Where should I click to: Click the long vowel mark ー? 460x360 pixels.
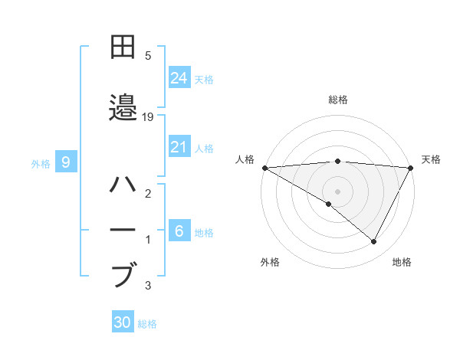[124, 230]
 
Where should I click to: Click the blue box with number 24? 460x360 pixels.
[179, 78]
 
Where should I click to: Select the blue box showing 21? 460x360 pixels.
[179, 147]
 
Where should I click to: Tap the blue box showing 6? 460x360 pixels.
[179, 231]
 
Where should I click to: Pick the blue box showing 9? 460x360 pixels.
[66, 162]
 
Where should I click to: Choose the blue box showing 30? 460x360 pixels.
[123, 322]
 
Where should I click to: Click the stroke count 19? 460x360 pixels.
[148, 117]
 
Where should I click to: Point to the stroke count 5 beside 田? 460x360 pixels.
[148, 56]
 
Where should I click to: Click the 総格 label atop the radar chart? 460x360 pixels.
[337, 100]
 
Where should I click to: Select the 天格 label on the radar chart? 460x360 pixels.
[432, 159]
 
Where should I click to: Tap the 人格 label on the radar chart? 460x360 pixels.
[245, 159]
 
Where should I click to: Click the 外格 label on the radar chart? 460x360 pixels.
[270, 262]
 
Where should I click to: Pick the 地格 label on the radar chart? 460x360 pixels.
[402, 262]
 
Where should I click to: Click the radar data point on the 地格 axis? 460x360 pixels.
[374, 241]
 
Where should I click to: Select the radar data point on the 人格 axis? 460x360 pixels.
[264, 167]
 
